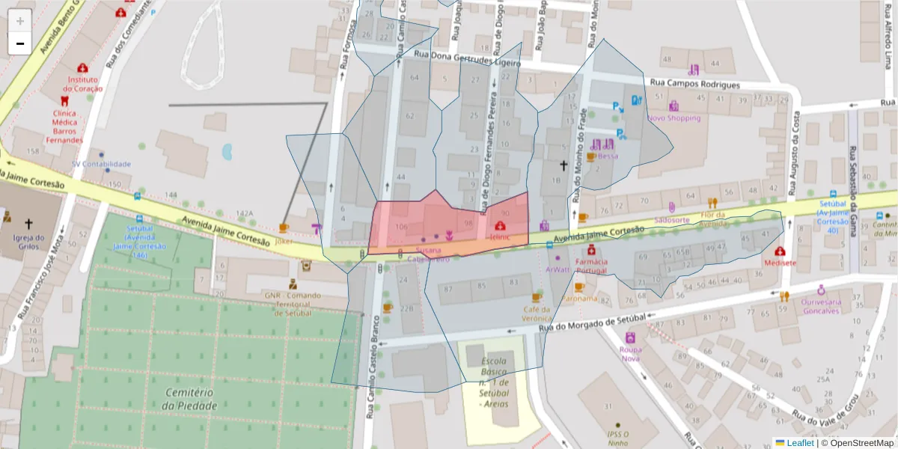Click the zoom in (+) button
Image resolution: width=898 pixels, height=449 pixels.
tap(20, 20)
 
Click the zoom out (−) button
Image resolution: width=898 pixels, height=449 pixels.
tap(20, 43)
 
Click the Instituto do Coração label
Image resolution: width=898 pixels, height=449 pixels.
tap(85, 84)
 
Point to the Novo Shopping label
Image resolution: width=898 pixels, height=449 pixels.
tap(673, 118)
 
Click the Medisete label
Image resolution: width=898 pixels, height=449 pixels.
tap(781, 263)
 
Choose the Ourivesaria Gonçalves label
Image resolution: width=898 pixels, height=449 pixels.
tap(821, 306)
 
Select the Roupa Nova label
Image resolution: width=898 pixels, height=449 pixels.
tap(630, 353)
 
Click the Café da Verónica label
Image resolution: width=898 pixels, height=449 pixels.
tap(537, 314)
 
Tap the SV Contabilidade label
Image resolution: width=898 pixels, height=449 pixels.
tap(101, 164)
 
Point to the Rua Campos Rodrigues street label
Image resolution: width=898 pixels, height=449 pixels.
tap(695, 85)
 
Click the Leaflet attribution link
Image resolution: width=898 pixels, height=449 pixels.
tap(800, 442)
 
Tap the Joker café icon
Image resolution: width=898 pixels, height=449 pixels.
tap(284, 227)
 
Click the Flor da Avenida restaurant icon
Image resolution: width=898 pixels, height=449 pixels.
tap(712, 203)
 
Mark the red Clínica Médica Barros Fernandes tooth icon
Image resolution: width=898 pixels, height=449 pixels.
tap(64, 100)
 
